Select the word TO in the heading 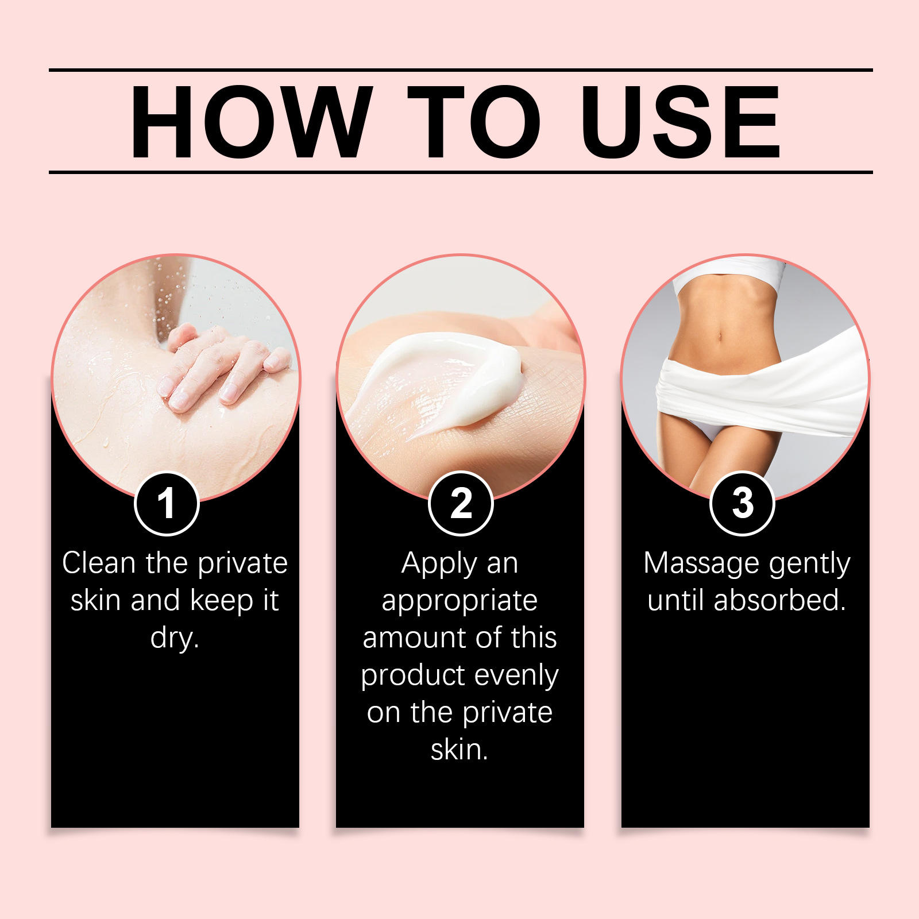pyautogui.click(x=474, y=121)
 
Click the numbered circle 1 pyautogui.click(x=167, y=504)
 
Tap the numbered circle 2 pyautogui.click(x=461, y=504)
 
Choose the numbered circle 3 pyautogui.click(x=743, y=504)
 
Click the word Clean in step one pyautogui.click(x=99, y=563)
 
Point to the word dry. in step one pyautogui.click(x=175, y=638)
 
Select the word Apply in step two pyautogui.click(x=439, y=564)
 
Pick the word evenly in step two pyautogui.click(x=516, y=676)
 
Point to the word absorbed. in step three pyautogui.click(x=780, y=600)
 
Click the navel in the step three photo pyautogui.click(x=720, y=335)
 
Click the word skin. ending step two pyautogui.click(x=459, y=750)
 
